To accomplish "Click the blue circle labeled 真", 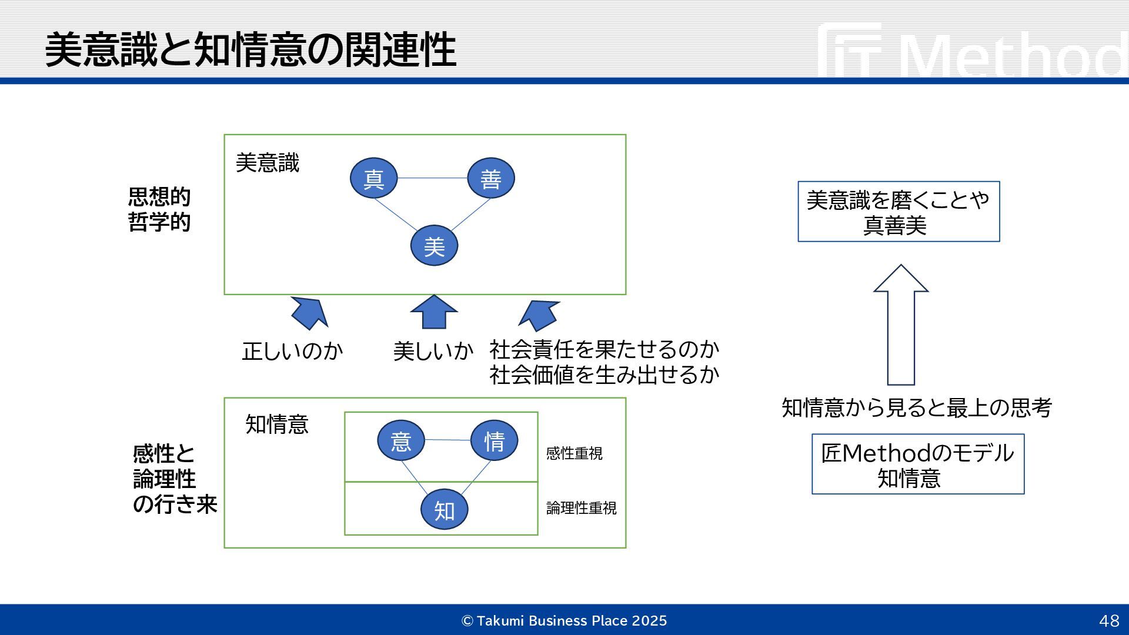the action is pos(373,178).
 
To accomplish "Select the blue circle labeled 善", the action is pos(490,178).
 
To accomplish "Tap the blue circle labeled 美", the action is pos(434,246).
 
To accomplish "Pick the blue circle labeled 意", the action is pos(400,440).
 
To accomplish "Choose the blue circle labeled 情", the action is pos(494,440).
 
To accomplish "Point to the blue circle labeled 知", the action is pos(444,510).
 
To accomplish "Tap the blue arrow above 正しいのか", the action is pos(310,312).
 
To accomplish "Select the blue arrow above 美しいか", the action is pos(434,312).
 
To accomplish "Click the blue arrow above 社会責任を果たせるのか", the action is pos(538,315).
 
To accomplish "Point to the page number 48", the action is pos(1109,621).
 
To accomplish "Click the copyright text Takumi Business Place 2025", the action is pos(564,621).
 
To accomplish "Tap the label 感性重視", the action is pos(574,453).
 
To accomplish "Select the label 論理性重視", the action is pos(581,508).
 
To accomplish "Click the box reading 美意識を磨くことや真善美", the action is pos(898,212).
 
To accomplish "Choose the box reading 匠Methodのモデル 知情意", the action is pos(917,464).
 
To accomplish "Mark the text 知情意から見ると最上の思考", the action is pos(916,407).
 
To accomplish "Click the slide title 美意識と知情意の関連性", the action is pos(250,50).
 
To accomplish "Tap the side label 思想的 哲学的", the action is pos(159,210).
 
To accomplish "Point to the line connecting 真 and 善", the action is pos(432,178).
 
